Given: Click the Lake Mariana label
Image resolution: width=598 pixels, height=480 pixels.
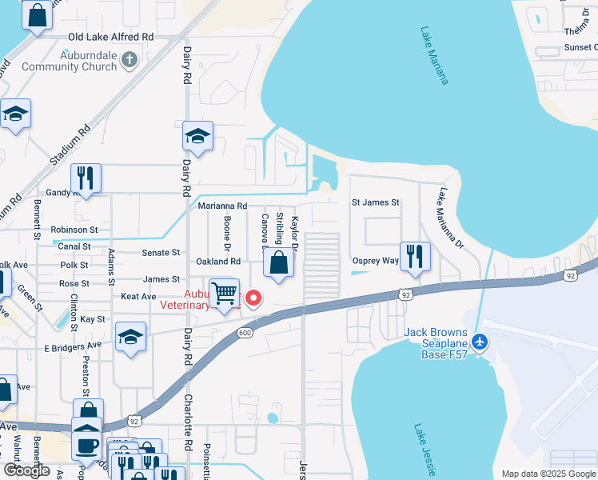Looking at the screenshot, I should click(434, 56).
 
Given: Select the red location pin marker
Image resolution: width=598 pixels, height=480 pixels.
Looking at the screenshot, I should click(253, 298).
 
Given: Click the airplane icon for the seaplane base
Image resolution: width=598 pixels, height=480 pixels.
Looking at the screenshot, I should click(480, 342).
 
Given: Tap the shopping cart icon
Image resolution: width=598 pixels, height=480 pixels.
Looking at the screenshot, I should click(225, 293).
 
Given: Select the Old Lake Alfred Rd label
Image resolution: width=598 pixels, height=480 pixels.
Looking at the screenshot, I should click(111, 37).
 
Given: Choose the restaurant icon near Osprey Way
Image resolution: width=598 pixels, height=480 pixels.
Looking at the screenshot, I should click(414, 255).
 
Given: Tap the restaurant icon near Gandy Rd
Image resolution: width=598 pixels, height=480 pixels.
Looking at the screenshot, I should click(86, 177).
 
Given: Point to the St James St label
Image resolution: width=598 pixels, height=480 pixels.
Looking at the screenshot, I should click(376, 202).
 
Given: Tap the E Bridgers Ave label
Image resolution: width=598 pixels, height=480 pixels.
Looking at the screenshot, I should click(73, 347).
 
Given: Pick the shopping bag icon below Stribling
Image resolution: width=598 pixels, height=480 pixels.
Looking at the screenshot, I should click(278, 263).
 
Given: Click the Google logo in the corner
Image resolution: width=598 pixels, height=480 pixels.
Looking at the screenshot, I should click(26, 470).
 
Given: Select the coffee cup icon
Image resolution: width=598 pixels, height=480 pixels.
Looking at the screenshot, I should click(87, 443).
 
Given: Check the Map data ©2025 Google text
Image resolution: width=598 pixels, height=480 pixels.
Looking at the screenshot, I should click(548, 474).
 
